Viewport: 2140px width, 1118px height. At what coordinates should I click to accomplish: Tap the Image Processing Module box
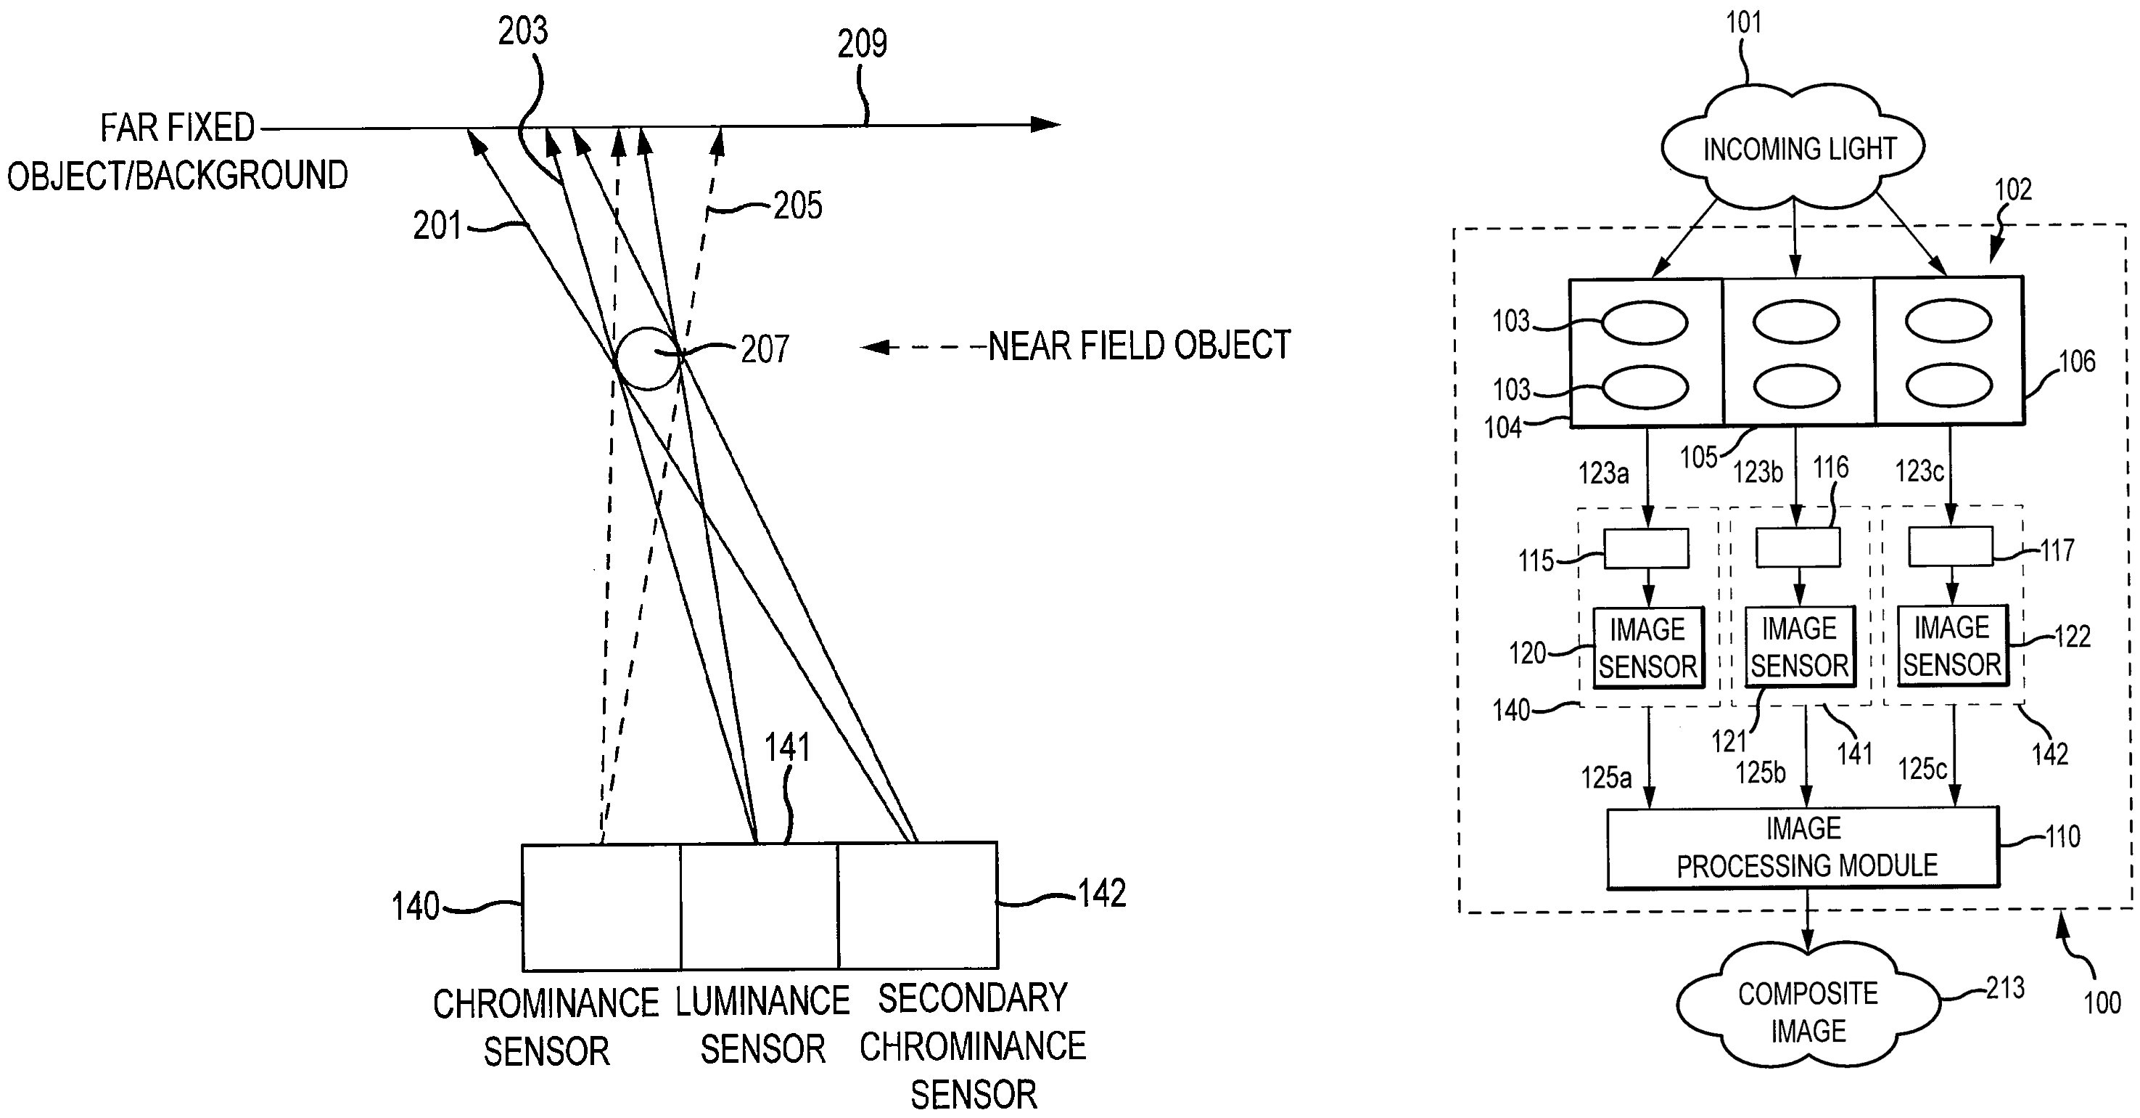click(x=1803, y=846)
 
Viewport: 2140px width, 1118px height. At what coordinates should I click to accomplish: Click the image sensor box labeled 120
click(x=1647, y=647)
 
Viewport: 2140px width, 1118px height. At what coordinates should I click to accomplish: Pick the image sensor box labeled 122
click(x=1951, y=645)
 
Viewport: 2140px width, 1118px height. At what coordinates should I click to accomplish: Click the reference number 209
click(x=862, y=44)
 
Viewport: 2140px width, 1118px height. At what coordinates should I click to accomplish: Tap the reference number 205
click(x=797, y=205)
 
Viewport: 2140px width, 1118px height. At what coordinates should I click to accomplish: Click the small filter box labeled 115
click(x=1646, y=549)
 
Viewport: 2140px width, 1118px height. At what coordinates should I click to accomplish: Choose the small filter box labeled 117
click(x=1950, y=546)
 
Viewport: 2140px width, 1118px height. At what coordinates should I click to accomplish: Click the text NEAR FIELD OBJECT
click(x=1139, y=346)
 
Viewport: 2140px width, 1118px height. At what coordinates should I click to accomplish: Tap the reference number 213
click(x=2004, y=988)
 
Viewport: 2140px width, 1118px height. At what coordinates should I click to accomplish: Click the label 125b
click(x=1760, y=772)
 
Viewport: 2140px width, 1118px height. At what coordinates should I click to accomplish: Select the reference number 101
click(x=1744, y=23)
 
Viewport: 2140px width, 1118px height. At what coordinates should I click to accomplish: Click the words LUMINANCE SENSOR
click(x=762, y=1024)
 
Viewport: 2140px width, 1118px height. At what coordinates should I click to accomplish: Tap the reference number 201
click(x=437, y=226)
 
